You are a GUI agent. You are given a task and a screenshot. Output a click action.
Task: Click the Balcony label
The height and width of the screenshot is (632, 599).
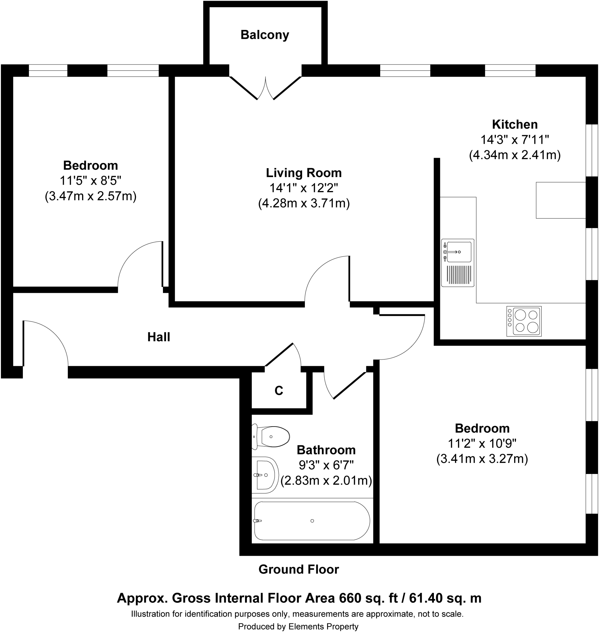(265, 35)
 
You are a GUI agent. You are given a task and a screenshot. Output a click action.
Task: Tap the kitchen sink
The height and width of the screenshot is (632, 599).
(458, 263)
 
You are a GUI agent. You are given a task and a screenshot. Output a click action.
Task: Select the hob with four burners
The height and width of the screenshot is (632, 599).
(524, 321)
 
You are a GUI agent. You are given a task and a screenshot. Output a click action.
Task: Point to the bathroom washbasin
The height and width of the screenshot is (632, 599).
(265, 475)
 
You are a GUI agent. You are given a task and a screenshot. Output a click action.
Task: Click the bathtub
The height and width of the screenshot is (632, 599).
(312, 521)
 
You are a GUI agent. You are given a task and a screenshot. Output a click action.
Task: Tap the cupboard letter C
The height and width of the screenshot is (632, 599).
(279, 391)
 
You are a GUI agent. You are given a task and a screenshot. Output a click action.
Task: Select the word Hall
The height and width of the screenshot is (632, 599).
(159, 337)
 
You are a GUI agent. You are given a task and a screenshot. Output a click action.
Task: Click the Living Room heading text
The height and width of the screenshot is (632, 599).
(304, 173)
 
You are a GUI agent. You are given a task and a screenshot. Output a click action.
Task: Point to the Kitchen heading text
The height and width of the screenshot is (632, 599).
(515, 124)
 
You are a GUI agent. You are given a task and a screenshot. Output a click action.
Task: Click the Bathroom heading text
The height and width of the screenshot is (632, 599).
(326, 450)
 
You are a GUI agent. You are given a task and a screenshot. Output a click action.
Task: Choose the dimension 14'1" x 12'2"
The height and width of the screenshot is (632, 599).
(304, 188)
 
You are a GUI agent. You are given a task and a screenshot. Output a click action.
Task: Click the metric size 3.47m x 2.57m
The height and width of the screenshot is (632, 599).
(91, 196)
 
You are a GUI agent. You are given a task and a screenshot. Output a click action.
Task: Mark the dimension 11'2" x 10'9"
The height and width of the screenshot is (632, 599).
(482, 443)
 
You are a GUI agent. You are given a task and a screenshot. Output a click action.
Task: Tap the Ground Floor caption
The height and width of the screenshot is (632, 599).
(298, 569)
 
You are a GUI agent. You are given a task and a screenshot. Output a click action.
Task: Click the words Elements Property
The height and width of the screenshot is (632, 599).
(323, 626)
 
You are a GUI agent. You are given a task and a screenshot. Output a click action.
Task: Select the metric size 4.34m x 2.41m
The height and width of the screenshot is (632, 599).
(515, 155)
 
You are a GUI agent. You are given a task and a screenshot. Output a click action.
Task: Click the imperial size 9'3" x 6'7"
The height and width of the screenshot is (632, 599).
(326, 465)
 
